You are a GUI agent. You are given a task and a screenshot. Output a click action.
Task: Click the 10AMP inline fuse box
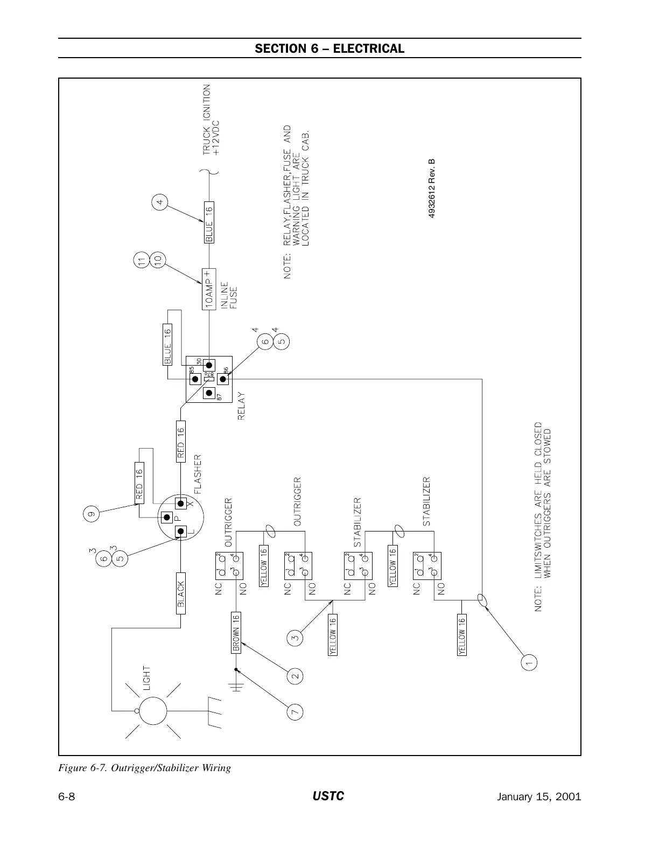pyautogui.click(x=208, y=289)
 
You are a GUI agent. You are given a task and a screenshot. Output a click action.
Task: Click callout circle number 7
pyautogui.click(x=295, y=712)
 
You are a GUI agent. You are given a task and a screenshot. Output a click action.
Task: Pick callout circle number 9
pyautogui.click(x=92, y=514)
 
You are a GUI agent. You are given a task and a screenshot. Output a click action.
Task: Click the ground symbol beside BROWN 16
pyautogui.click(x=237, y=687)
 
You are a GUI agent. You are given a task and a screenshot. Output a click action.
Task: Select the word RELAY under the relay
pyautogui.click(x=241, y=407)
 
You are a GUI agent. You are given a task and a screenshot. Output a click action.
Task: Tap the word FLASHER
pyautogui.click(x=198, y=474)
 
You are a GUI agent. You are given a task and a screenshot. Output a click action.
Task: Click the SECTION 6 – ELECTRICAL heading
pyautogui.click(x=329, y=48)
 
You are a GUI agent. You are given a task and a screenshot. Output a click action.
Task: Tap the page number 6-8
pyautogui.click(x=66, y=797)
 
